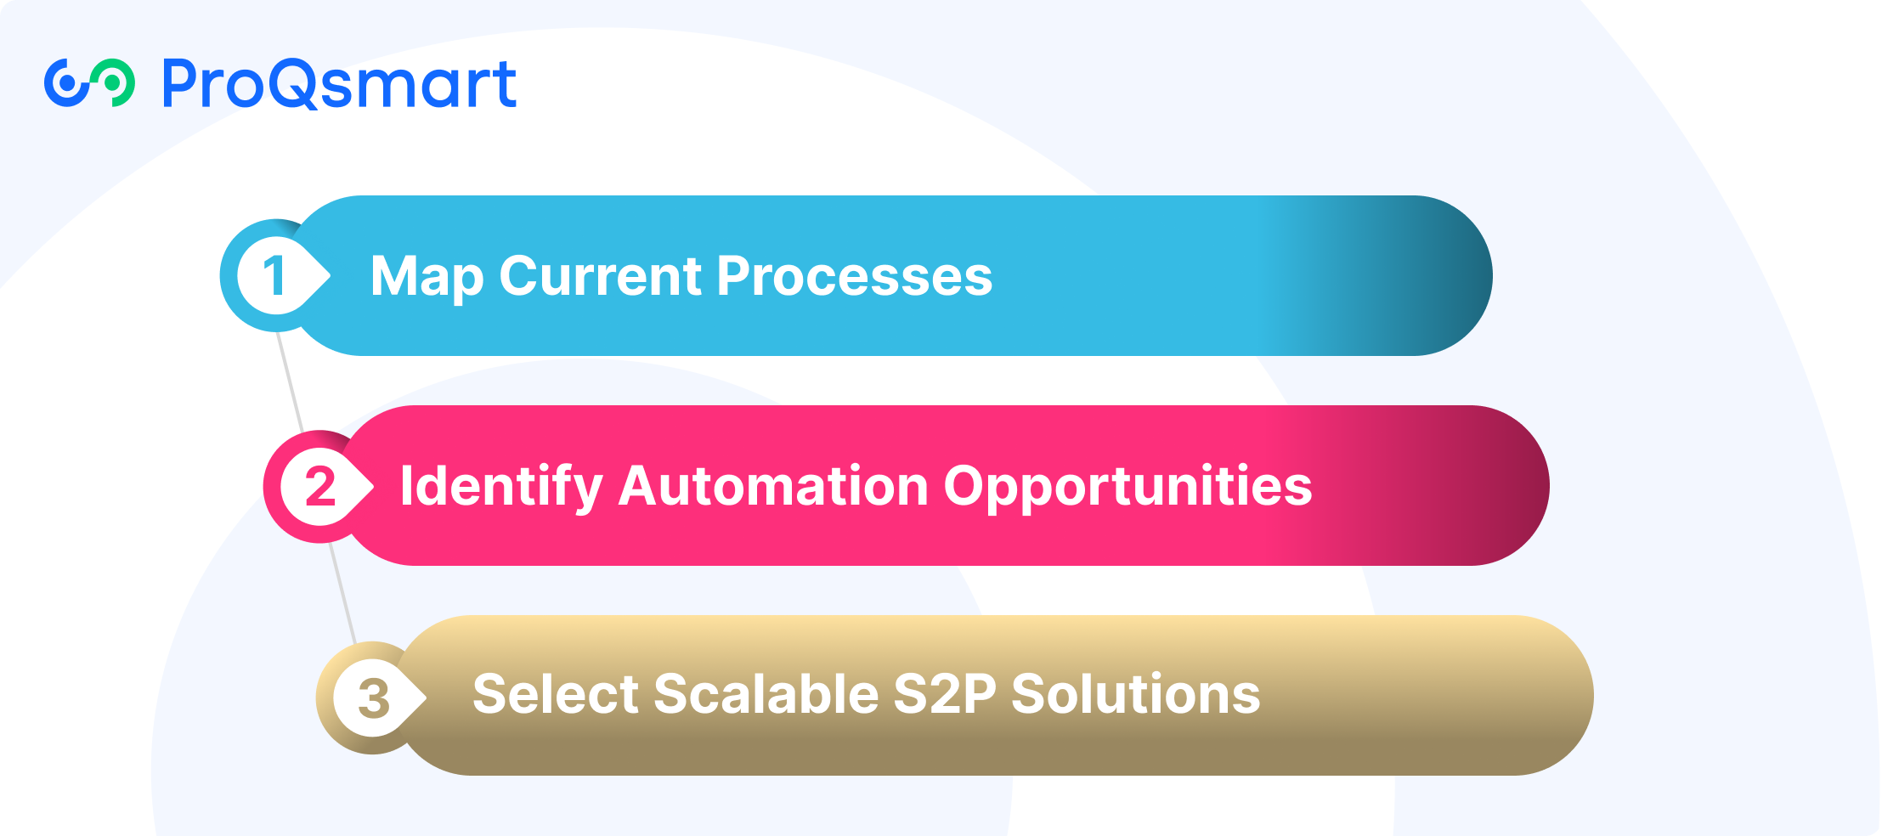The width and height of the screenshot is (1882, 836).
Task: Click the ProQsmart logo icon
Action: point(89,83)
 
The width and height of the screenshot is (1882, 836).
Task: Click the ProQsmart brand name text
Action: point(339,84)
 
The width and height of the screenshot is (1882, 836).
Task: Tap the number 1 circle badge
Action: point(274,275)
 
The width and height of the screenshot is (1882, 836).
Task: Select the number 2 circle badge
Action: point(319,486)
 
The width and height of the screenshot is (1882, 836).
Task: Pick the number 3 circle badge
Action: point(371,698)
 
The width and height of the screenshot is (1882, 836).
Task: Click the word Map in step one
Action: point(427,278)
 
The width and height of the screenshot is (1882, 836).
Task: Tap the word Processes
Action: point(855,276)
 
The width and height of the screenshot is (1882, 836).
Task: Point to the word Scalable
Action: point(766,694)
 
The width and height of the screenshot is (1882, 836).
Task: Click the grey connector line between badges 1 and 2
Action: point(290,381)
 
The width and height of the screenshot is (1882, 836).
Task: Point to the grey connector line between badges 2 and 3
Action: point(342,593)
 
